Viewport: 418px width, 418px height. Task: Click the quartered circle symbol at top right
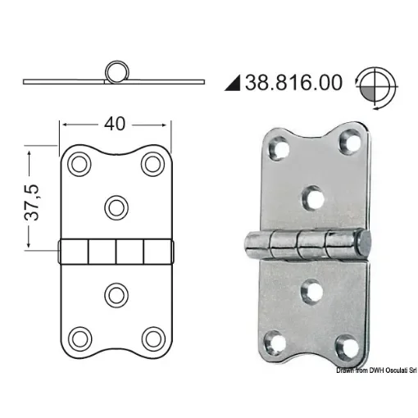pyautogui.click(x=375, y=83)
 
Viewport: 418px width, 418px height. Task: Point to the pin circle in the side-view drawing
pyautogui.click(x=114, y=70)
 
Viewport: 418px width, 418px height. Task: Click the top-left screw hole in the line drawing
pyautogui.click(x=80, y=164)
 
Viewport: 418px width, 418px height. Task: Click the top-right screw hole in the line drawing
pyautogui.click(x=152, y=164)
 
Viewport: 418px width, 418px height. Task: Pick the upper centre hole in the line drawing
pyautogui.click(x=116, y=205)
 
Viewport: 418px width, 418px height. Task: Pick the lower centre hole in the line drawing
pyautogui.click(x=116, y=292)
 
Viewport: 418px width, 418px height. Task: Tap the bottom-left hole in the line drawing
pyautogui.click(x=80, y=336)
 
